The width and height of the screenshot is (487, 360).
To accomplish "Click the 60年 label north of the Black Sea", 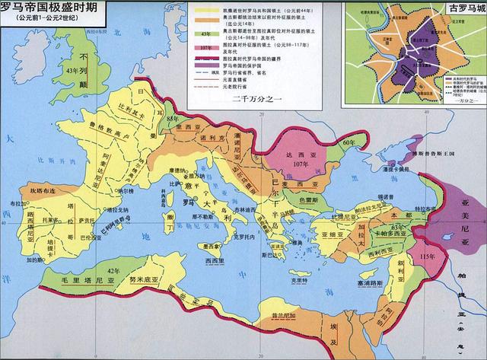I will click(349, 122).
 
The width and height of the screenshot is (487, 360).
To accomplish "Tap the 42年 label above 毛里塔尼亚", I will click(114, 271).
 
